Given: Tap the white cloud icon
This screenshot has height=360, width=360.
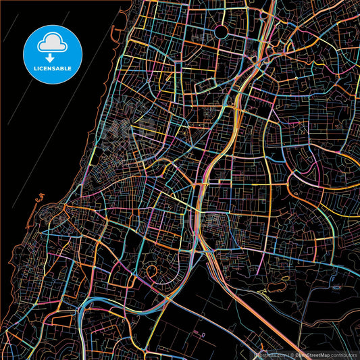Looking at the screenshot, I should (52, 42).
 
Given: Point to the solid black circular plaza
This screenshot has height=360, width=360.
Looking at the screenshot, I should (222, 31).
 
